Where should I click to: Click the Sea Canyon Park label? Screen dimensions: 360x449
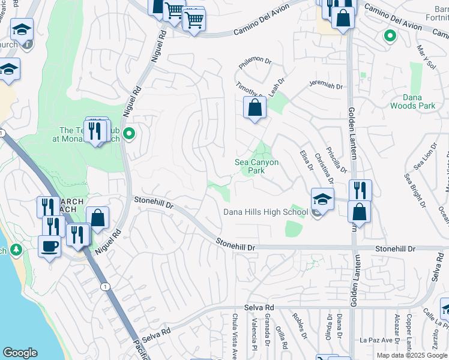[x=256, y=166]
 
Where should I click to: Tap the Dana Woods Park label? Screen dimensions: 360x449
[x=412, y=101]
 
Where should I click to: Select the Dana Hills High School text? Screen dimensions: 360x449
[x=265, y=212]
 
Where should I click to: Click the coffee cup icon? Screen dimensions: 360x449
[x=49, y=245]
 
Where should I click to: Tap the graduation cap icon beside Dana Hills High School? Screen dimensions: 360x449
[x=322, y=199]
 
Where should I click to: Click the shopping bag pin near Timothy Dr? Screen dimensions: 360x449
[x=255, y=109]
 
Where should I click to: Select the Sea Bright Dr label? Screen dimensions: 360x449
[x=415, y=191]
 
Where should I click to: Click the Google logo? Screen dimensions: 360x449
[x=20, y=353]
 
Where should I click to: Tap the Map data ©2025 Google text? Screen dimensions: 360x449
[x=411, y=355]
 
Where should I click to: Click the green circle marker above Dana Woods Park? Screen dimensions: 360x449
[x=390, y=36]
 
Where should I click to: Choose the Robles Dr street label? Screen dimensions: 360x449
[x=297, y=325]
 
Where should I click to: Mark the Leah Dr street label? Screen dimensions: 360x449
[x=276, y=85]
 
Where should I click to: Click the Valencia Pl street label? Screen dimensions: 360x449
[x=254, y=335]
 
